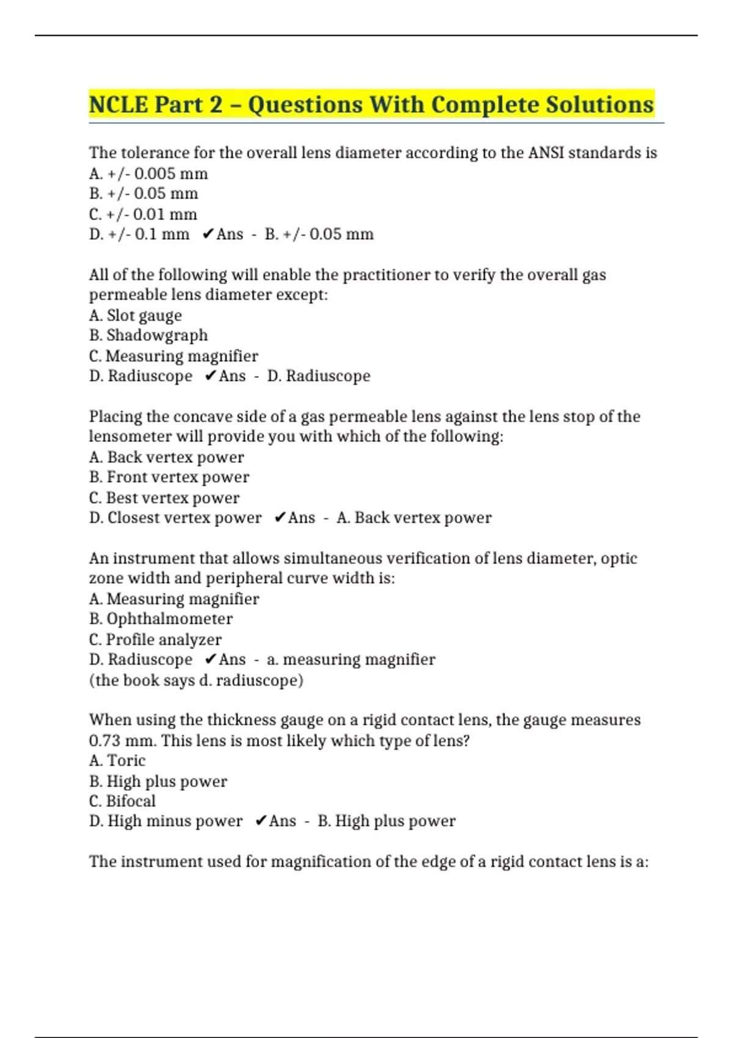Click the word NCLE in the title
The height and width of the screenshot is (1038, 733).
119,104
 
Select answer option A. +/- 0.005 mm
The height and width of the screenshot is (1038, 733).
148,174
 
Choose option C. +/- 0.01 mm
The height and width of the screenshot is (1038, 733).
143,214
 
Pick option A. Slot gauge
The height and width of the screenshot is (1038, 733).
136,316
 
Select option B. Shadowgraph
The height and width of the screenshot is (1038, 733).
148,335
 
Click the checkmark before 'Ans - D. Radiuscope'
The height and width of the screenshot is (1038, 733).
210,376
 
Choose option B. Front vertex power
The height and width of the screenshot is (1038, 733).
169,477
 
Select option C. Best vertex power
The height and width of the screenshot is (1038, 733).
164,498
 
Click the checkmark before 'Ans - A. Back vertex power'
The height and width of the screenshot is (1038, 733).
280,518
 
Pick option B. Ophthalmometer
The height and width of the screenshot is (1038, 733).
161,619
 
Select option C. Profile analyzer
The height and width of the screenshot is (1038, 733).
155,639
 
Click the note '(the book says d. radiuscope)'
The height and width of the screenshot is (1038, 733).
196,680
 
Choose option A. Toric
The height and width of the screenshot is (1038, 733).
117,760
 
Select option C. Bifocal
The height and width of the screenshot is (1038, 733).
122,800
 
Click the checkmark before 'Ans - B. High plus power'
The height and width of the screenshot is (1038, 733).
261,821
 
